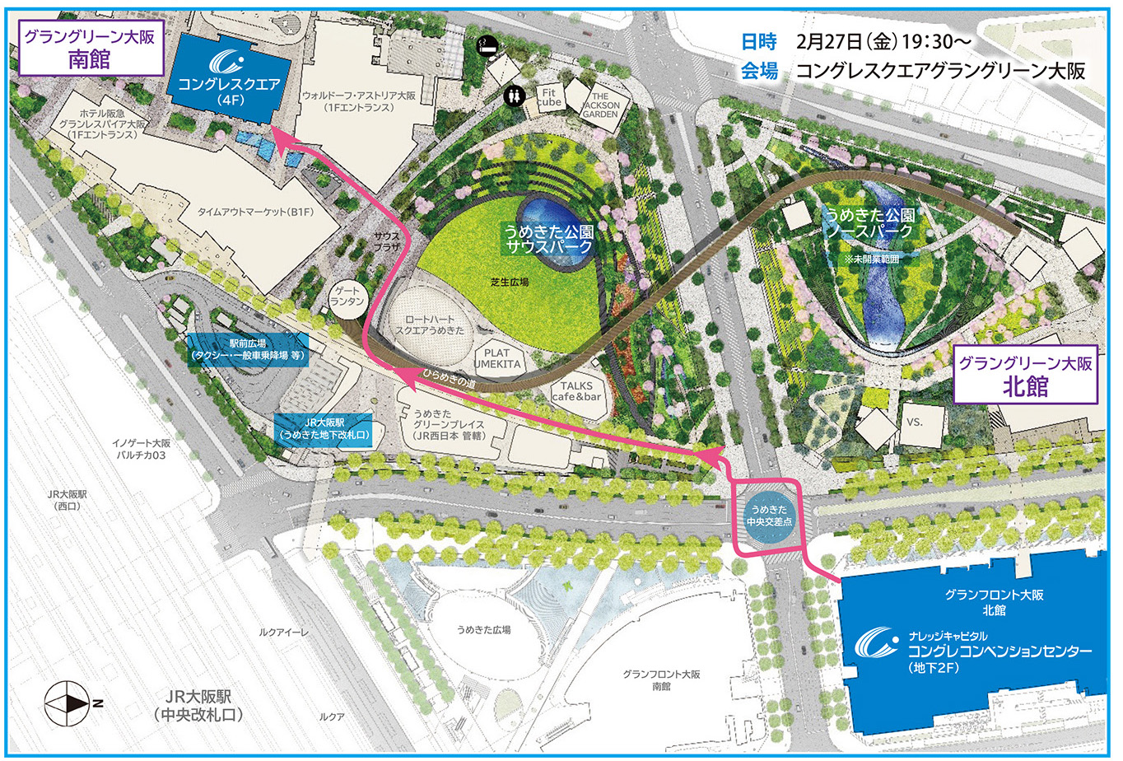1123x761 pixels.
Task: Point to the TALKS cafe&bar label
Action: pos(577,391)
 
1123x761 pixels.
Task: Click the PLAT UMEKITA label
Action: pos(496,359)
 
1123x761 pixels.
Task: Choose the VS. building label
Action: pos(915,422)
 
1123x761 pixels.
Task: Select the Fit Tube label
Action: pos(551,97)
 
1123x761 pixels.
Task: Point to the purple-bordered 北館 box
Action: pos(1026,376)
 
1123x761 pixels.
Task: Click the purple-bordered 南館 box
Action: pos(89,49)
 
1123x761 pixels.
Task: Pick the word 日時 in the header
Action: pos(758,41)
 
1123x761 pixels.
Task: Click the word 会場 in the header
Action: pos(758,71)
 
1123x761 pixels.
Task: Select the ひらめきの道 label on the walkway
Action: pos(450,378)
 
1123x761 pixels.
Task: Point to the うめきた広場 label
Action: pos(484,630)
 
